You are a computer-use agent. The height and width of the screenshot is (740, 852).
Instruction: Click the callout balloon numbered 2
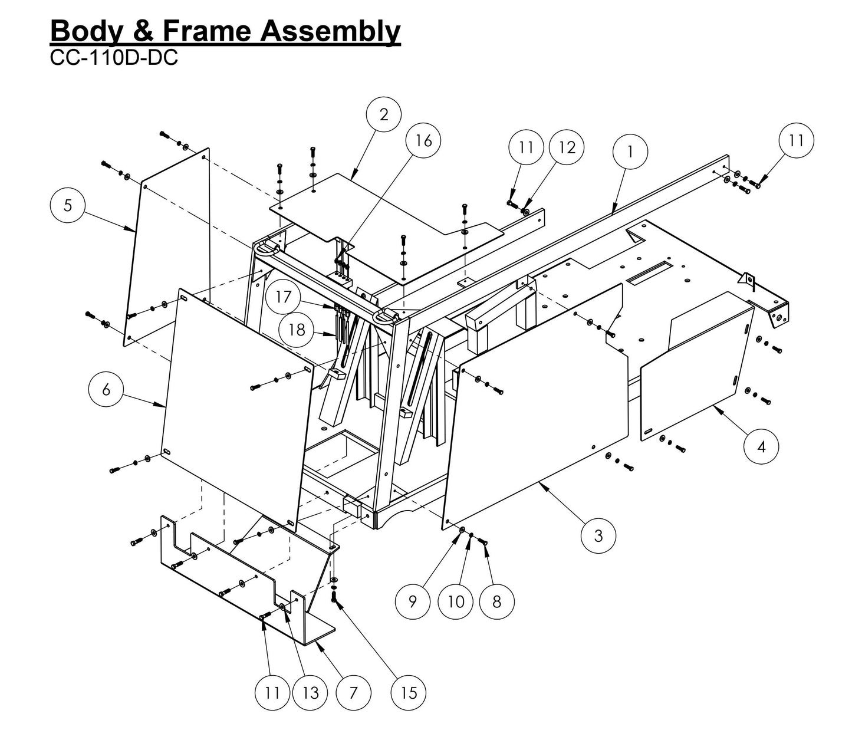(x=384, y=114)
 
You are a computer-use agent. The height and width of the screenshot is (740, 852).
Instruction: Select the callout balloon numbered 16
(x=423, y=140)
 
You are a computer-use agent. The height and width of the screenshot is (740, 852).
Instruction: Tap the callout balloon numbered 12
(x=567, y=147)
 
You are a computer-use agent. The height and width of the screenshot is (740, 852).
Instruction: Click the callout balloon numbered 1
(x=630, y=152)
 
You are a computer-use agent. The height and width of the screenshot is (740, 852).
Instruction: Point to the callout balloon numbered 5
(x=68, y=205)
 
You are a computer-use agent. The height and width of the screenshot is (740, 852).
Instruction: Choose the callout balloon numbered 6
(x=106, y=390)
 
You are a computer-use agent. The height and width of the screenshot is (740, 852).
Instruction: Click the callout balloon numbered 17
(x=284, y=297)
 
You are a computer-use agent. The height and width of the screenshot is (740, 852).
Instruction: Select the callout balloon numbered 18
(x=297, y=329)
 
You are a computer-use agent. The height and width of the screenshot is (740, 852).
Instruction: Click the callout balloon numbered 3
(x=598, y=535)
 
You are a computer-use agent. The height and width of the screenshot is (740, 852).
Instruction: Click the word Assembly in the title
(x=330, y=31)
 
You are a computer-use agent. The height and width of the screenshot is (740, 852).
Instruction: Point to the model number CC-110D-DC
(x=114, y=58)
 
